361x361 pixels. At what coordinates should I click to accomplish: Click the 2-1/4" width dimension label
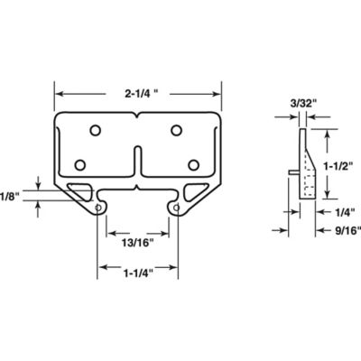pyautogui.click(x=140, y=91)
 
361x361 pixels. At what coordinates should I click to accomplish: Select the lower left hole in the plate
pyautogui.click(x=80, y=164)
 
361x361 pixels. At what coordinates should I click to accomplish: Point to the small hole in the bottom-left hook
pyautogui.click(x=97, y=208)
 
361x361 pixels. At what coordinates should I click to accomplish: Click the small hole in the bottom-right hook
pyautogui.click(x=177, y=208)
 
